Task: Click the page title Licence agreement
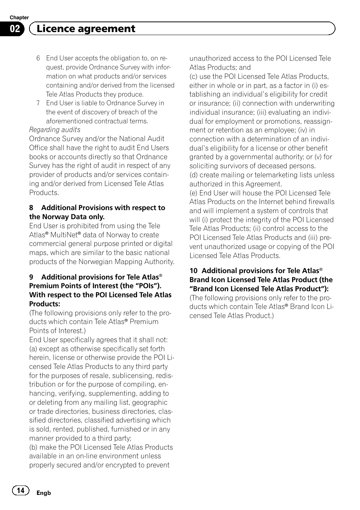pyautogui.click(x=86, y=29)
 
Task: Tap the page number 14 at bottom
pyautogui.click(x=21, y=490)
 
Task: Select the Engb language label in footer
pyautogui.click(x=43, y=493)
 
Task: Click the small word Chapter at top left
pyautogui.click(x=19, y=17)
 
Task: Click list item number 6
pyautogui.click(x=38, y=58)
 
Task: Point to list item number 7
pyautogui.click(x=38, y=103)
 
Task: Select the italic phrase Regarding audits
pyautogui.click(x=55, y=130)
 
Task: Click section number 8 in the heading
pyautogui.click(x=31, y=208)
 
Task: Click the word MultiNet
pyautogui.click(x=63, y=235)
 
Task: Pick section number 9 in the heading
pyautogui.click(x=31, y=277)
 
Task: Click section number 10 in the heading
pyautogui.click(x=193, y=271)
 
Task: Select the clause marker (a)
pyautogui.click(x=33, y=349)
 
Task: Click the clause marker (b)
pyautogui.click(x=33, y=447)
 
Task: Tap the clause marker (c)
pyautogui.click(x=194, y=77)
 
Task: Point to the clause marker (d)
pyautogui.click(x=194, y=175)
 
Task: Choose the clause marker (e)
pyautogui.click(x=194, y=193)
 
